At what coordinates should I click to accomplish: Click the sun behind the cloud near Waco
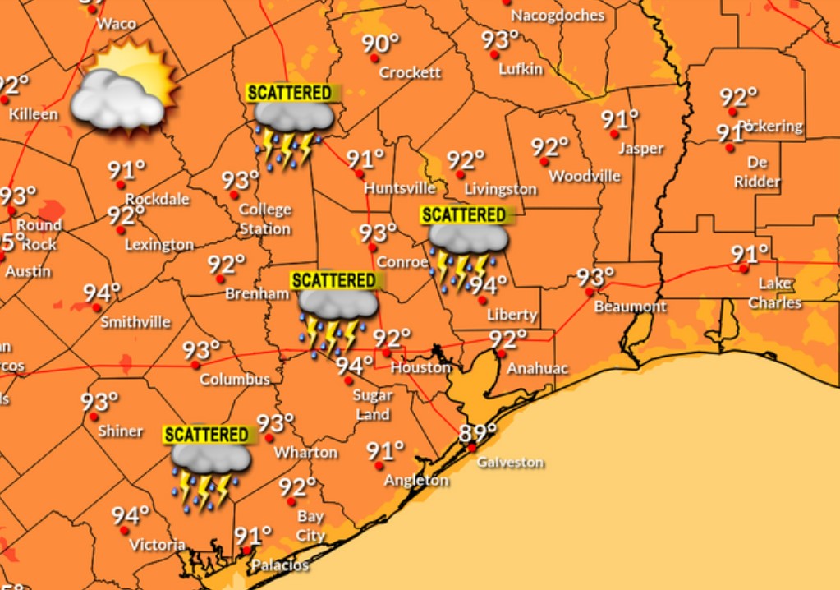pos(148,74)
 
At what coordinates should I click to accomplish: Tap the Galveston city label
pos(510,463)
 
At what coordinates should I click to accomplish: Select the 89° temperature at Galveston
pos(478,432)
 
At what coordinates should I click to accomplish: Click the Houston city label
pos(420,367)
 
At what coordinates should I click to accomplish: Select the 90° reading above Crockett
pos(380,43)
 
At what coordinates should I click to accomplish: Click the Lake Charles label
pos(774,293)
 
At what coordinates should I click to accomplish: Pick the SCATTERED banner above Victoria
pos(206,435)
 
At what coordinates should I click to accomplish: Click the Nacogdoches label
pos(558,16)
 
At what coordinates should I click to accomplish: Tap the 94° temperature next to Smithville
pos(102,293)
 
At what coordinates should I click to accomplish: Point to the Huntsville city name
pos(399,188)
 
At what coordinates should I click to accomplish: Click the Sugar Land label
pos(373,404)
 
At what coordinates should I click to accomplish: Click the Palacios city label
pos(280,565)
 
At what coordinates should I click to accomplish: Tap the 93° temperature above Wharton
pos(275,423)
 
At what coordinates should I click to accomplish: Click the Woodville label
pos(585,176)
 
